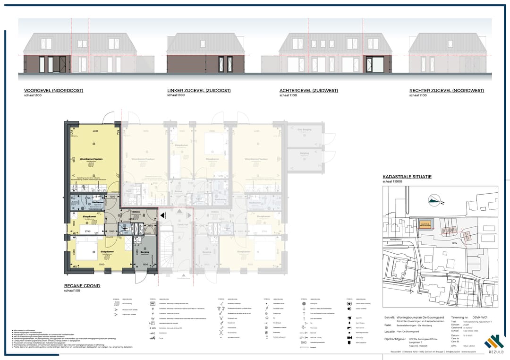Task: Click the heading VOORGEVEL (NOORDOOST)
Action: point(53,91)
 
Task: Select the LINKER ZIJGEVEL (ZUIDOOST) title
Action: point(199,91)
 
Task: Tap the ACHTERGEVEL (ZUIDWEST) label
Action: point(309,91)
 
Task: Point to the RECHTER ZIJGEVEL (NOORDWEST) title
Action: point(446,91)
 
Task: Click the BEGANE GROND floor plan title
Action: point(82,286)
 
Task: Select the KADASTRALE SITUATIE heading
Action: point(407,177)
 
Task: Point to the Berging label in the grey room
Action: point(144,252)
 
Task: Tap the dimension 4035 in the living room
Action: point(95,131)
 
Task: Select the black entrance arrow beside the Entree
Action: point(162,215)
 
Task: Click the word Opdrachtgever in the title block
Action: point(396,339)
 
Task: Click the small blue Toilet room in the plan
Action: point(125,229)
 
